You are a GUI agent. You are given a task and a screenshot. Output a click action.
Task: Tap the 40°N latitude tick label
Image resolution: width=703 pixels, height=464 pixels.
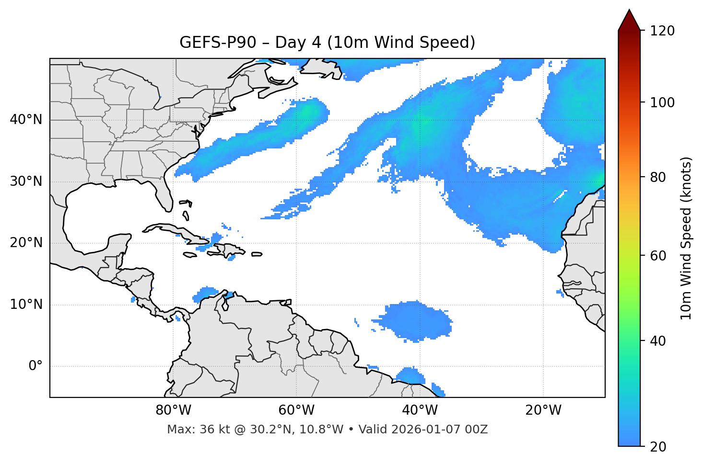pyautogui.click(x=26, y=120)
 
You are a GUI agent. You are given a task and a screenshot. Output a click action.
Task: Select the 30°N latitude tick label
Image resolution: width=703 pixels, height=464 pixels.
pyautogui.click(x=26, y=181)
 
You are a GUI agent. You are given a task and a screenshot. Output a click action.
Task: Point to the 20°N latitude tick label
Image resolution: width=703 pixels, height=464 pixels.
pyautogui.click(x=26, y=243)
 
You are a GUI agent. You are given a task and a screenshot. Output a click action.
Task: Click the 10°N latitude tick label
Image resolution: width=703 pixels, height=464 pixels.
pyautogui.click(x=26, y=305)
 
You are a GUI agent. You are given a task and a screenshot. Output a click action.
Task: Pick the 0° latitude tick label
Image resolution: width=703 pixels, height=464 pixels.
pyautogui.click(x=35, y=366)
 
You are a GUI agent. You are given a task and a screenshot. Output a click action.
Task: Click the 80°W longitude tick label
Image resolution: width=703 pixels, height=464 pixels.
pyautogui.click(x=173, y=410)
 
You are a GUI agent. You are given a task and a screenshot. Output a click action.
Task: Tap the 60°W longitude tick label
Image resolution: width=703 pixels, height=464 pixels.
pyautogui.click(x=296, y=410)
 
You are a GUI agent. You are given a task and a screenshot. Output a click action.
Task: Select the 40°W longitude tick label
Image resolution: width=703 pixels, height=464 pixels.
pyautogui.click(x=420, y=410)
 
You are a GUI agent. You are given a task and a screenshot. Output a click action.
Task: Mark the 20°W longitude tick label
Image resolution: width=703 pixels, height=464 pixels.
pyautogui.click(x=543, y=410)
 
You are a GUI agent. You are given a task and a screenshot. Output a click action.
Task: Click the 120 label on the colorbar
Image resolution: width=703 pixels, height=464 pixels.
pyautogui.click(x=663, y=31)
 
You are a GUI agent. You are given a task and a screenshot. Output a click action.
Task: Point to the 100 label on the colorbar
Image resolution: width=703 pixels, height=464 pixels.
pyautogui.click(x=663, y=102)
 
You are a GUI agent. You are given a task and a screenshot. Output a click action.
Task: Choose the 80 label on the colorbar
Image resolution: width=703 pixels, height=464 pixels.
pyautogui.click(x=660, y=177)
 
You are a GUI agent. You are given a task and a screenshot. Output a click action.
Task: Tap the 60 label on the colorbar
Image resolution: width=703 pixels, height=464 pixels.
pyautogui.click(x=660, y=256)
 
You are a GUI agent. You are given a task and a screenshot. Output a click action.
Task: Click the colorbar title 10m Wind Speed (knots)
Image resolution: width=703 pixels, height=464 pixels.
pyautogui.click(x=686, y=238)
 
